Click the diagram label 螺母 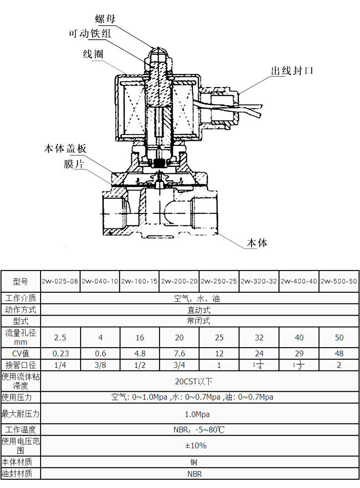[x=105, y=19]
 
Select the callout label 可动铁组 [x=89, y=34]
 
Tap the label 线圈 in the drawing [x=93, y=54]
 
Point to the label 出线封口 [x=292, y=71]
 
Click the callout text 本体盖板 [x=65, y=149]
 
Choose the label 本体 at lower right [x=257, y=243]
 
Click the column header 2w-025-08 [x=61, y=281]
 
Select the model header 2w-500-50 [x=339, y=281]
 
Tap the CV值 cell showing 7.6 [x=179, y=353]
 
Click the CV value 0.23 [x=61, y=353]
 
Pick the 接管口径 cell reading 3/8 [x=100, y=365]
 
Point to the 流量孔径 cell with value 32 [x=259, y=338]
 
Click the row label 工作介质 [x=21, y=299]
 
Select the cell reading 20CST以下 [x=191, y=381]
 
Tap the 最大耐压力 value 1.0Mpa [x=191, y=414]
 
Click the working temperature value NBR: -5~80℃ [x=191, y=430]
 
